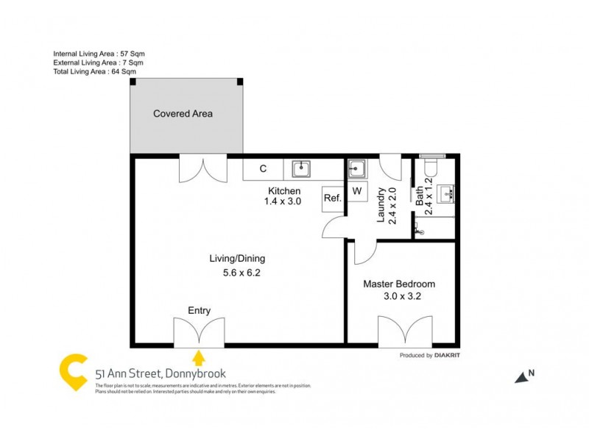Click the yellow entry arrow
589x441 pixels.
pos(198,358)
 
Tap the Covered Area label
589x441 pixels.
pos(183,114)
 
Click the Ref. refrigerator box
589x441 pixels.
pos(332,198)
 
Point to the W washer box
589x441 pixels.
pos(357,192)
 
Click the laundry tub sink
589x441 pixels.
pos(357,169)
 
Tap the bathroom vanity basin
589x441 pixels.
pos(445,194)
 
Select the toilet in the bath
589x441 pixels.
pos(429,168)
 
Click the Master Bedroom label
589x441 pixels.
pos(399,284)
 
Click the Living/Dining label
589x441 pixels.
pos(237,259)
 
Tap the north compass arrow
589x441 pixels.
pos(523,376)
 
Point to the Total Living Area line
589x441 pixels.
pos(94,72)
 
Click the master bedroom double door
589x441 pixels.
pos(404,332)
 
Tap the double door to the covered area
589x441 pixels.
pos(203,169)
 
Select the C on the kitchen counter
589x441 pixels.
pos(263,169)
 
